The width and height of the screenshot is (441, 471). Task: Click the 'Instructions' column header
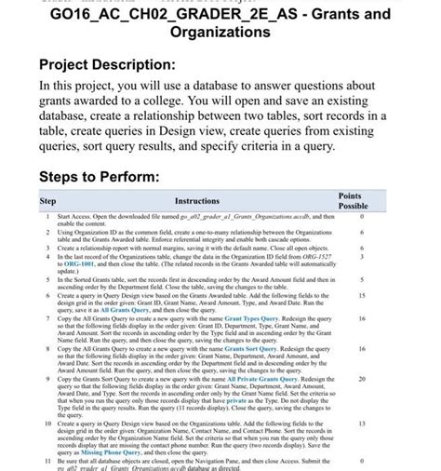[196, 200]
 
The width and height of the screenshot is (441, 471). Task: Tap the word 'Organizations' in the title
[220, 33]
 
